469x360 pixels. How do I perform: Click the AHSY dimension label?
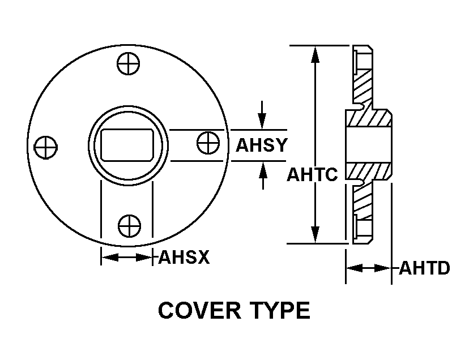pyautogui.click(x=261, y=145)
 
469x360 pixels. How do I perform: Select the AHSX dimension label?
pyautogui.click(x=184, y=258)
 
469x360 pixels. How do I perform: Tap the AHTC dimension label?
pyautogui.click(x=312, y=174)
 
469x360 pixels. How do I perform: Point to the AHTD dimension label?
pyautogui.click(x=424, y=268)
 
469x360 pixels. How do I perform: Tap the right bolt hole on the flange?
pyautogui.click(x=208, y=141)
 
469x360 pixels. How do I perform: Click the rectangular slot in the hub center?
pyautogui.click(x=128, y=144)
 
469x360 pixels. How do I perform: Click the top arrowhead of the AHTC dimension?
pyautogui.click(x=315, y=54)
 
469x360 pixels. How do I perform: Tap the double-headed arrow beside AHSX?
pyautogui.click(x=127, y=258)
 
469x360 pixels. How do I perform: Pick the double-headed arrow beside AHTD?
pyautogui.click(x=369, y=268)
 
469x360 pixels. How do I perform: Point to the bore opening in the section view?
pyautogui.click(x=368, y=145)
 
